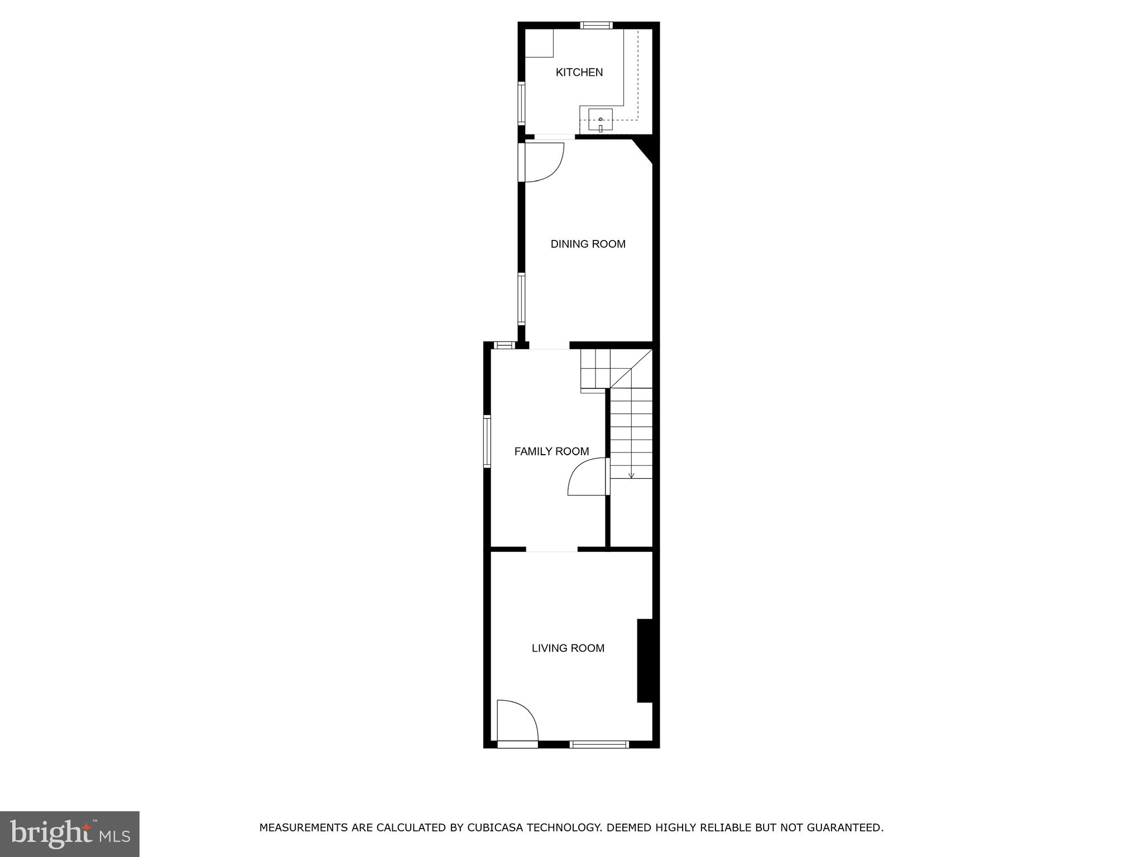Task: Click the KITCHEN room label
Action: pos(579,72)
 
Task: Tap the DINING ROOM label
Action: pos(588,244)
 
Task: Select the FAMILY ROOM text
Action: pos(551,451)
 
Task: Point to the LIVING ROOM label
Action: pos(568,648)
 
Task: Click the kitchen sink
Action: pos(600,119)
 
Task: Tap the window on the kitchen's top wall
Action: pos(596,25)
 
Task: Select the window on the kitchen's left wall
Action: pos(521,103)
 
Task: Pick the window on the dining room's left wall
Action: pos(521,298)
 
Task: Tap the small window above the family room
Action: pos(504,345)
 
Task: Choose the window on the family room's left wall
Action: pos(487,441)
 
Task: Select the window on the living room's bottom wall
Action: pos(599,744)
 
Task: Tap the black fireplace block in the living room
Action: pos(645,660)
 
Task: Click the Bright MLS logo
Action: pos(69,834)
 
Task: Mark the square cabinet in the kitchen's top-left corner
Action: pos(539,43)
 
